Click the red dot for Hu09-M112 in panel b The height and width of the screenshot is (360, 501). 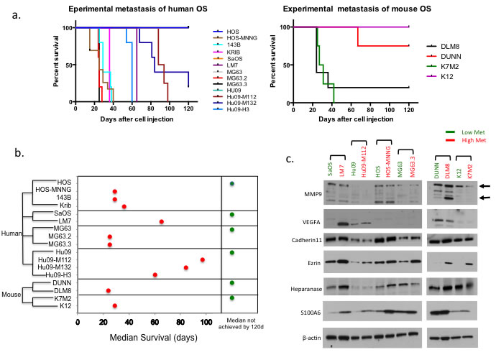(x=202, y=259)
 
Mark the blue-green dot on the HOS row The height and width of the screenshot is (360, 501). (x=231, y=184)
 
